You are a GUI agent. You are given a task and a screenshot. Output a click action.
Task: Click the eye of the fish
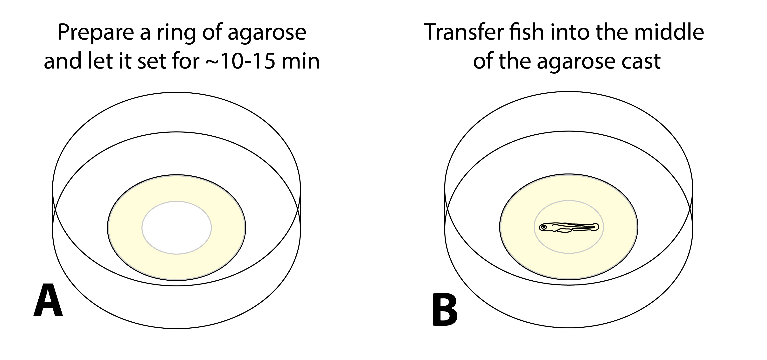(x=544, y=227)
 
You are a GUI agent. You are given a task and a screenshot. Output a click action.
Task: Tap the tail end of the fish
(x=596, y=227)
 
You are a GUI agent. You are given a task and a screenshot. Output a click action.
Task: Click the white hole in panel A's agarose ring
(x=177, y=228)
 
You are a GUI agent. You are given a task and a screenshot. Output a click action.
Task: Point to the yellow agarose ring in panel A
(x=125, y=228)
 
